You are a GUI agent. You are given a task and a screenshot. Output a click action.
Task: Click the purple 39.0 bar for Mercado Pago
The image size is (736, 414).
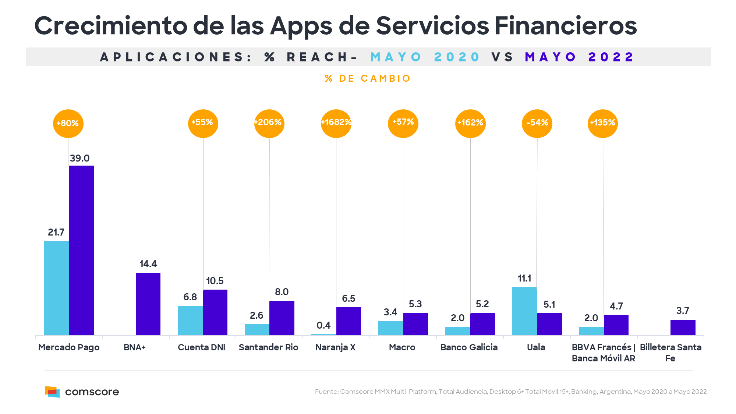[x=81, y=250]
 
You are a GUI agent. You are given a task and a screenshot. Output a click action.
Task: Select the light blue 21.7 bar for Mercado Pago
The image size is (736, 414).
[x=56, y=288]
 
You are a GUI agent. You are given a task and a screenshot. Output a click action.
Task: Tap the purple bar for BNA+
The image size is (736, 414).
[x=148, y=304]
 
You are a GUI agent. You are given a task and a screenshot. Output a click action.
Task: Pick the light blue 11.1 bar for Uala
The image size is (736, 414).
[x=524, y=311]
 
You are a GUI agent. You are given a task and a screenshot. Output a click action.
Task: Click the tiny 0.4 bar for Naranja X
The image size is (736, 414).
[x=323, y=335]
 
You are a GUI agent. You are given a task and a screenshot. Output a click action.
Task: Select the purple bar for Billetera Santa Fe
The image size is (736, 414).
[x=683, y=327]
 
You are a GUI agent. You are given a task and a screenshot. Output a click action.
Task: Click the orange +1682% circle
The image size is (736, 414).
[x=336, y=123]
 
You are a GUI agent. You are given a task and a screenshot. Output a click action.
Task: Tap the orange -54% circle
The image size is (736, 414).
[x=537, y=123]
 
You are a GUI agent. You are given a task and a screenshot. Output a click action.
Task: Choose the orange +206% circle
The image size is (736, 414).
[x=269, y=123]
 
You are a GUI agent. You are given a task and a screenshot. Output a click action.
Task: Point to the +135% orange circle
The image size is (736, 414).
[x=602, y=123]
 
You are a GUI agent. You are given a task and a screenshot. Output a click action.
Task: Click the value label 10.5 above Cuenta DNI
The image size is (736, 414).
[x=215, y=281]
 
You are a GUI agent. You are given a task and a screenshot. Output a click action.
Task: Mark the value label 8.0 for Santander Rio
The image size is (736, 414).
[x=282, y=292]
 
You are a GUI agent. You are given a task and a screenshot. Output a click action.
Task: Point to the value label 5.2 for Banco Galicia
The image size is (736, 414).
[x=482, y=304]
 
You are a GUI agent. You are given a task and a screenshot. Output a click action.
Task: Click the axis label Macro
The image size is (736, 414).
[x=402, y=347]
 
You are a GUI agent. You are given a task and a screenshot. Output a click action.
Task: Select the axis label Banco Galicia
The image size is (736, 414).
[x=469, y=347]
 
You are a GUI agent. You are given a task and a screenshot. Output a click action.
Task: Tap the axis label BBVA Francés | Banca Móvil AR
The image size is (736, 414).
[x=604, y=353]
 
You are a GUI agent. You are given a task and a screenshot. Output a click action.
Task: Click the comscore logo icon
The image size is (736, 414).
[x=52, y=392]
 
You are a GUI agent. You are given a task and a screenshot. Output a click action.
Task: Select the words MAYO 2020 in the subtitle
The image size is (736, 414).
[x=425, y=57]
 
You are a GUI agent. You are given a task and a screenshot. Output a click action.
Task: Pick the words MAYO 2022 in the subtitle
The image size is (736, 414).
[x=579, y=57]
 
